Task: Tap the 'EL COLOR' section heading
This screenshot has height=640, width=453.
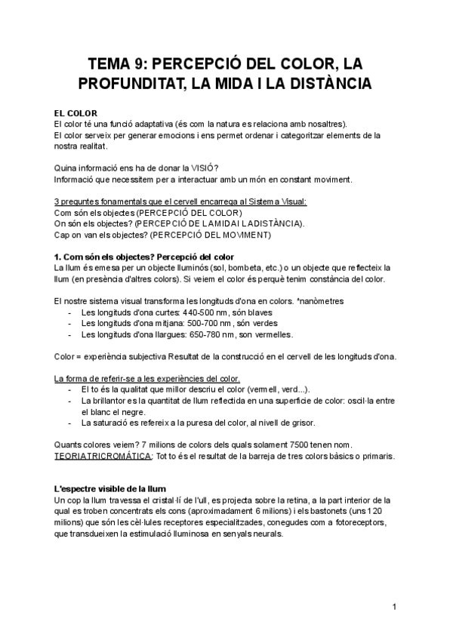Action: point(76,113)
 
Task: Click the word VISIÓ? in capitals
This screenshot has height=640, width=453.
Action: point(214,168)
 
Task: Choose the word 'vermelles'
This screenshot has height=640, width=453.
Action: point(271,334)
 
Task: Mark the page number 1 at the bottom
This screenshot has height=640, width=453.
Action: point(395,607)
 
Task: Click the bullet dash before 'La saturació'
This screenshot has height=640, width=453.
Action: point(71,423)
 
